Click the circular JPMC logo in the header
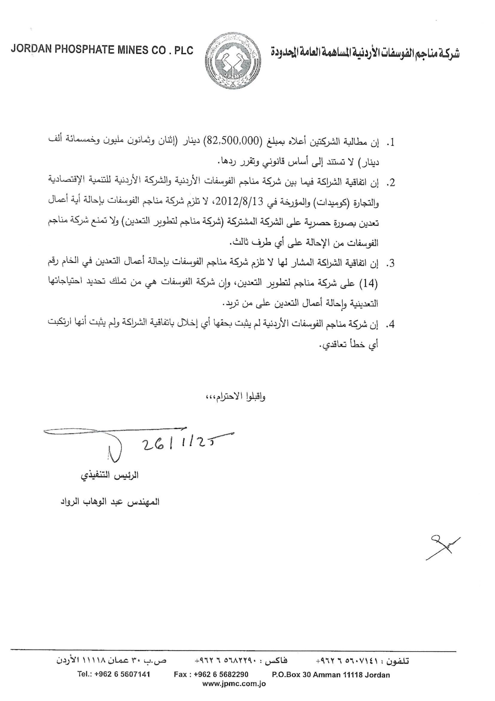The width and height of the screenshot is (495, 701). tap(232, 60)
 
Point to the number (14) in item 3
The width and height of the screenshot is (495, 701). tap(371, 284)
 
